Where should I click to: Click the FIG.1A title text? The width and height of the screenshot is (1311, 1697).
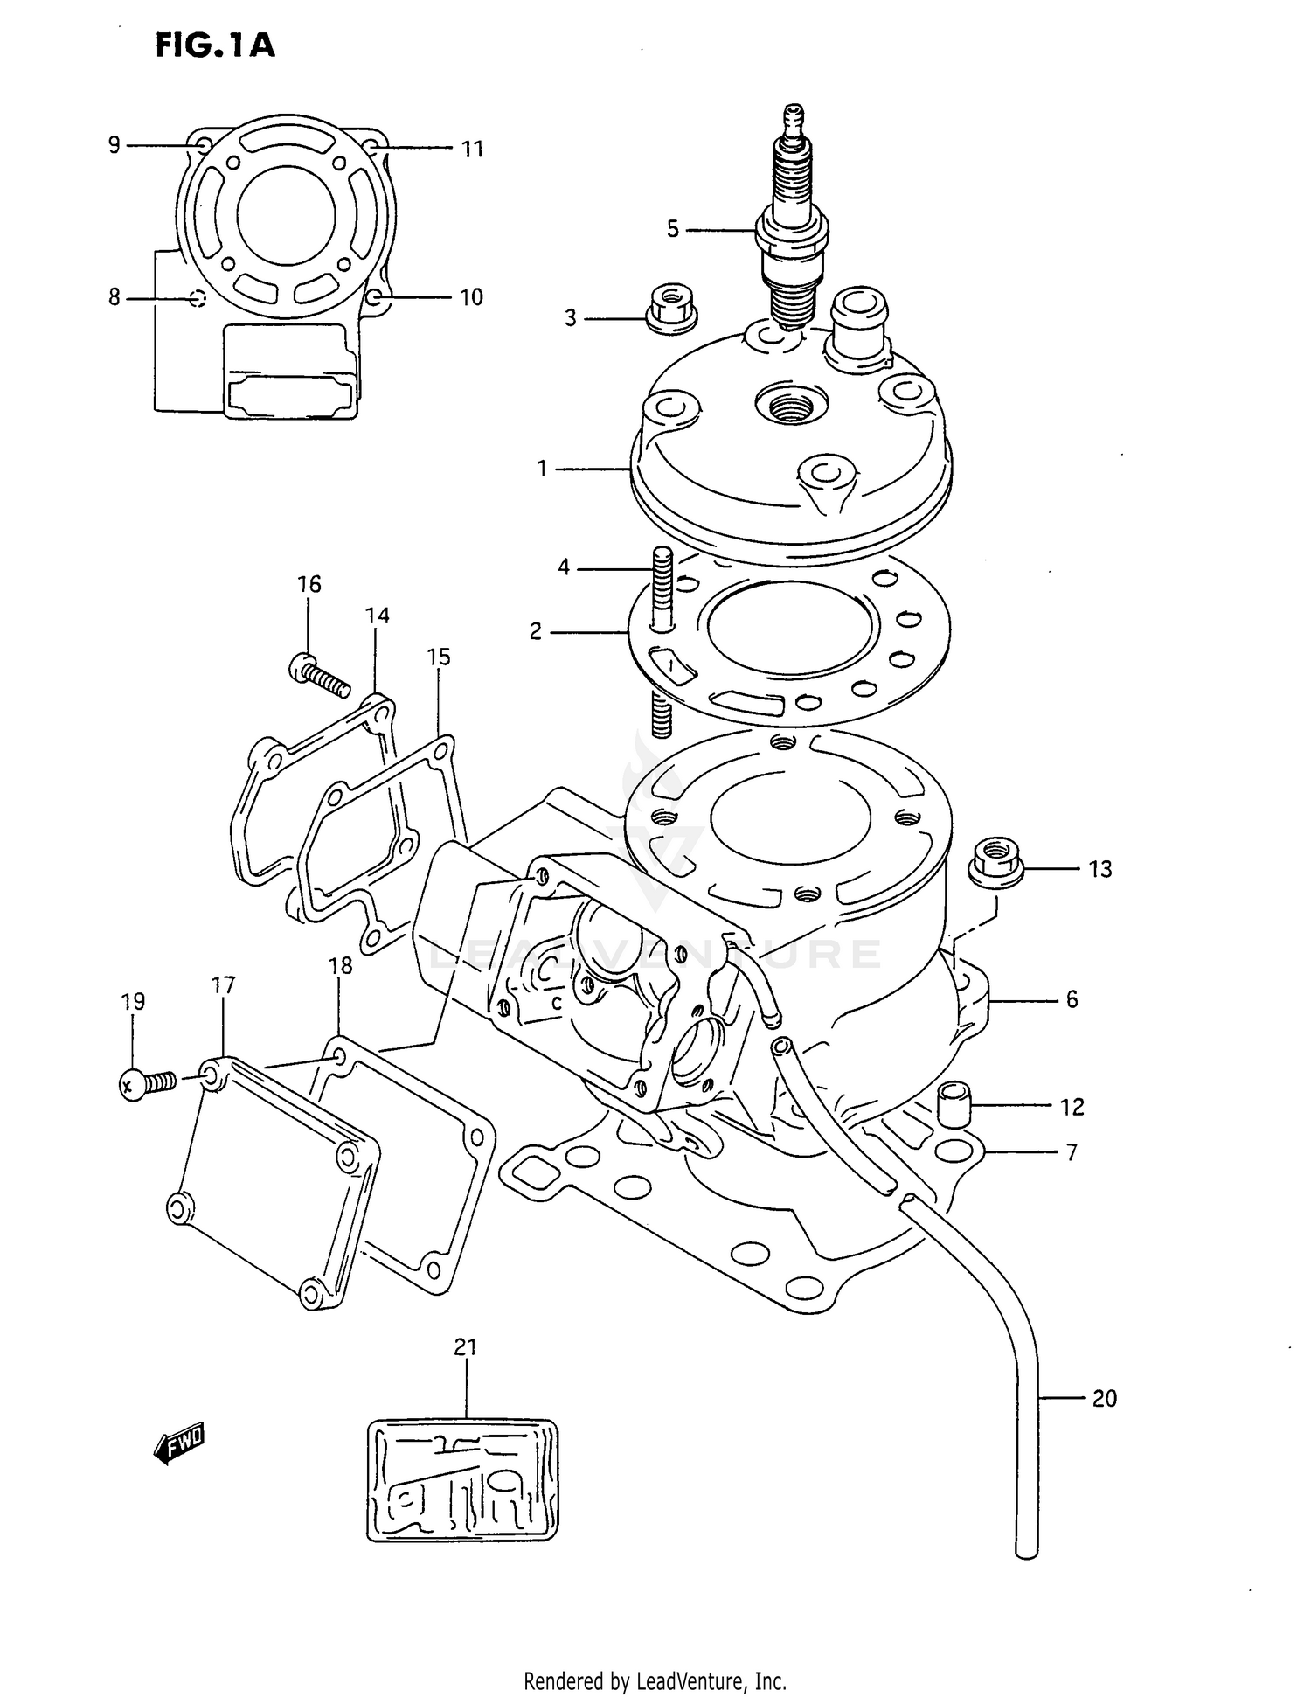click(x=215, y=45)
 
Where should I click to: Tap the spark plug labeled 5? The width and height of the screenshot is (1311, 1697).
click(x=792, y=227)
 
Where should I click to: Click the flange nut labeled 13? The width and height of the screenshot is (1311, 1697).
click(x=995, y=861)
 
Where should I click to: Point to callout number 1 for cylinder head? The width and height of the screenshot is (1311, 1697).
click(x=542, y=469)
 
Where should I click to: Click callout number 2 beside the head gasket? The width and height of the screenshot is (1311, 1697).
click(x=536, y=631)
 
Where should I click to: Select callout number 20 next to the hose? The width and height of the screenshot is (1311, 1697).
click(x=1105, y=1399)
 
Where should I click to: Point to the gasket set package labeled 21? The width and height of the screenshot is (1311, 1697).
click(x=462, y=1478)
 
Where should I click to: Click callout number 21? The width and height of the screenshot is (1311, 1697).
click(x=466, y=1347)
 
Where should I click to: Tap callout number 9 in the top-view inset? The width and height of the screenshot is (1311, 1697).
click(x=114, y=145)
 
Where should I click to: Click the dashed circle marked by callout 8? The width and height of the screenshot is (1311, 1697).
click(x=198, y=299)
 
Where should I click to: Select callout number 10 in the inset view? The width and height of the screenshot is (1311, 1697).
click(x=471, y=297)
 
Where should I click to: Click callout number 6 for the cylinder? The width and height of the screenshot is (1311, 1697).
click(x=1072, y=999)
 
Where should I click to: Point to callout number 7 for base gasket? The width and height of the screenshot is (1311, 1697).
click(x=1072, y=1152)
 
